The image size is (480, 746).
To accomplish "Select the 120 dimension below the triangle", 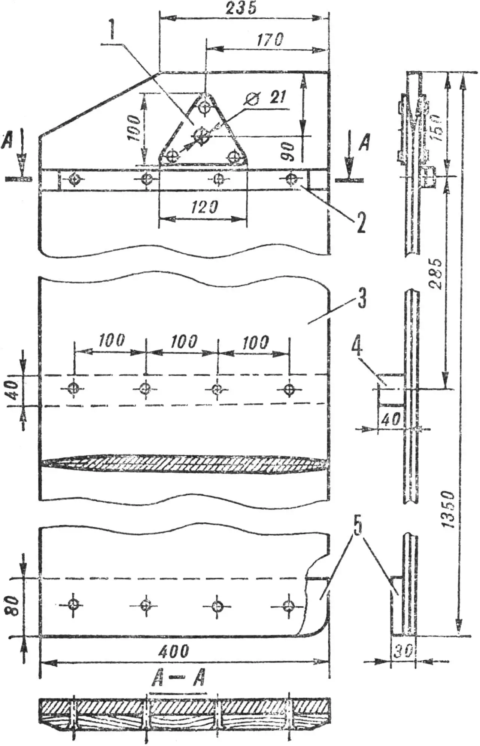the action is point(204,207).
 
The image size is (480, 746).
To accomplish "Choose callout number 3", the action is point(361,298).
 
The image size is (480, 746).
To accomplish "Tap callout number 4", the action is point(356,347).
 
